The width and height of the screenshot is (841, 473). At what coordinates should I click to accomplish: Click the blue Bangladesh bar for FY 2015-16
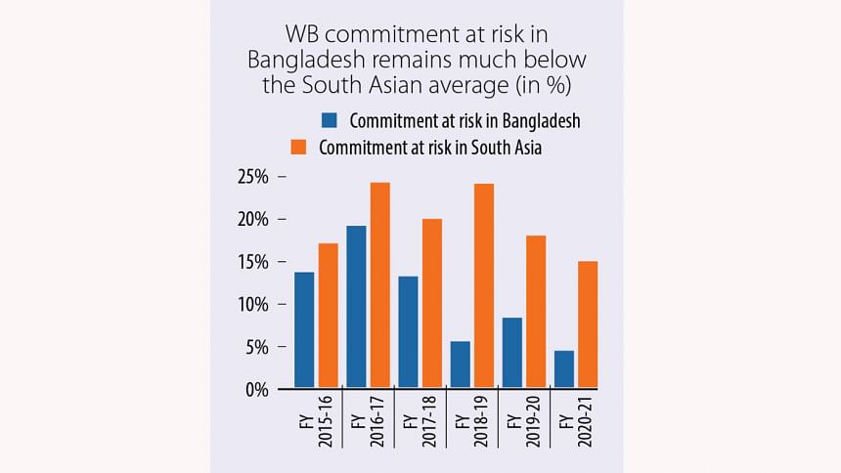304,329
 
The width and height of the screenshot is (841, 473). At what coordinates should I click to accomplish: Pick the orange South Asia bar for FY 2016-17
379,284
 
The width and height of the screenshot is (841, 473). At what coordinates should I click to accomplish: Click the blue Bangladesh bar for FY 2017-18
407,331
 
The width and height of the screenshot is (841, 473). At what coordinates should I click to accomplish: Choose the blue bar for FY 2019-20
511,352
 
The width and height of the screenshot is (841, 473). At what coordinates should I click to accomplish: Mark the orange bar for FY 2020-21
587,323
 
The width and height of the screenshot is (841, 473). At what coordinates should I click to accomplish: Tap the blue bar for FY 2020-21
563,368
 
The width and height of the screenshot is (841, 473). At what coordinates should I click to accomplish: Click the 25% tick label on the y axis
252,177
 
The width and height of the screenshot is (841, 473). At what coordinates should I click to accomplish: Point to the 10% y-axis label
252,304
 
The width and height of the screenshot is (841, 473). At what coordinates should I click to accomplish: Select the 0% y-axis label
256,389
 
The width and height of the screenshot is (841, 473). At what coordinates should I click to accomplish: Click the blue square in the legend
329,121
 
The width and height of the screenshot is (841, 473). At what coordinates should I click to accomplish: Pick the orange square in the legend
300,148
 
